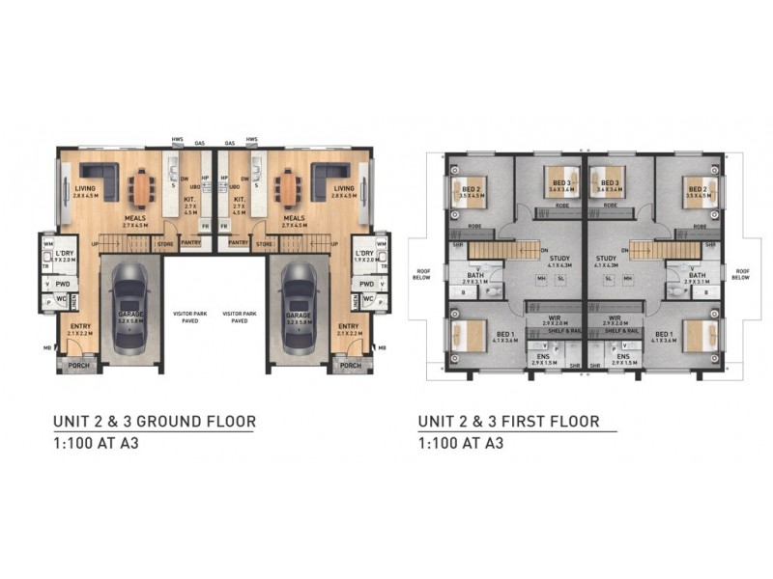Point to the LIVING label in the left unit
[x=83, y=189]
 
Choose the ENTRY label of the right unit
[x=349, y=327]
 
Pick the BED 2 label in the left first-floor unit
[x=471, y=189]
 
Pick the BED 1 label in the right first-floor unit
[x=689, y=333]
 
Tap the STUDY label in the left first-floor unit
[x=558, y=259]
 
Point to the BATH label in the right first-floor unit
[x=697, y=276]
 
